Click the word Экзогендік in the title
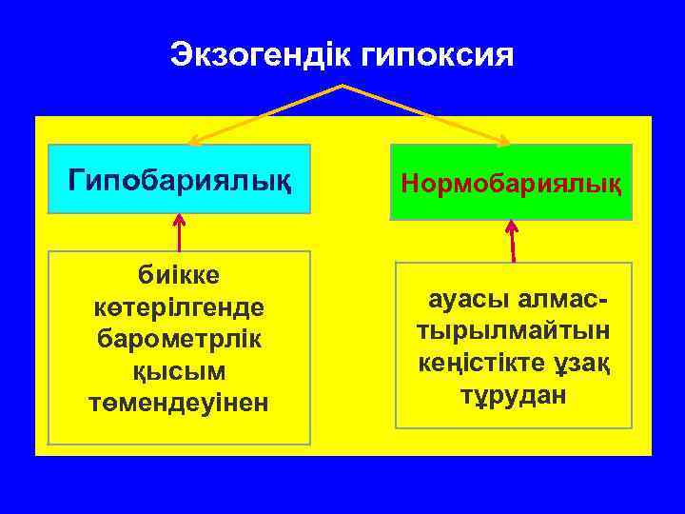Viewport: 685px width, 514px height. pyautogui.click(x=262, y=54)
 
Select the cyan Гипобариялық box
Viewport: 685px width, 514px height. pyautogui.click(x=180, y=178)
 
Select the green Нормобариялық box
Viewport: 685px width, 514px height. pyautogui.click(x=511, y=182)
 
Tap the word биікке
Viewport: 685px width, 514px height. pyautogui.click(x=179, y=275)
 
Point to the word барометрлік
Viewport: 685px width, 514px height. pyautogui.click(x=179, y=339)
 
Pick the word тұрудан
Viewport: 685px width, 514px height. pyautogui.click(x=512, y=395)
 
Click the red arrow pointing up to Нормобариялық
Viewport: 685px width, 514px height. pyautogui.click(x=513, y=241)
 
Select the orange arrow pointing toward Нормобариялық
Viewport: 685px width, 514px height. pyautogui.click(x=428, y=116)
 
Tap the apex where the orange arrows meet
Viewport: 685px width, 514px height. pyautogui.click(x=342, y=86)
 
